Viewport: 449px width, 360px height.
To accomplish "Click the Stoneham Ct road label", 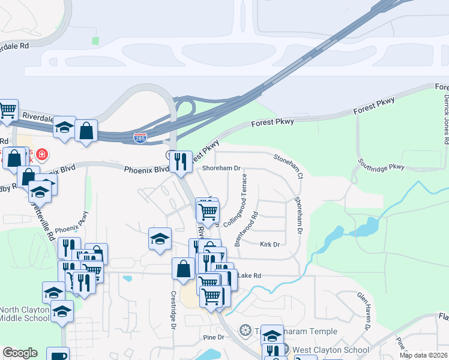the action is [x=289, y=166].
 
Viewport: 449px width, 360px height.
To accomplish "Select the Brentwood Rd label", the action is [x=247, y=228].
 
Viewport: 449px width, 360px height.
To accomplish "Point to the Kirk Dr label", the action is [x=270, y=245].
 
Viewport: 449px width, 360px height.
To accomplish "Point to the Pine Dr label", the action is [x=213, y=337].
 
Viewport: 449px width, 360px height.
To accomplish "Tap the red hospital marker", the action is [x=41, y=155].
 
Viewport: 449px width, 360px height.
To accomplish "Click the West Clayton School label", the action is [x=322, y=350].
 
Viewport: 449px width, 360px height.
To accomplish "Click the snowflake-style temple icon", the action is [x=244, y=330].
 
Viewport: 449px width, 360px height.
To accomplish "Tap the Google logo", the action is [x=20, y=353].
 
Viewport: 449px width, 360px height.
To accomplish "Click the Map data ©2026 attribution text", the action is [x=423, y=355].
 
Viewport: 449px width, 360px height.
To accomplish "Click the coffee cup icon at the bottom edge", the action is [x=58, y=355].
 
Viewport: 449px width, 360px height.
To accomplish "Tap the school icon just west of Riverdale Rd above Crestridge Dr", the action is [x=160, y=239].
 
